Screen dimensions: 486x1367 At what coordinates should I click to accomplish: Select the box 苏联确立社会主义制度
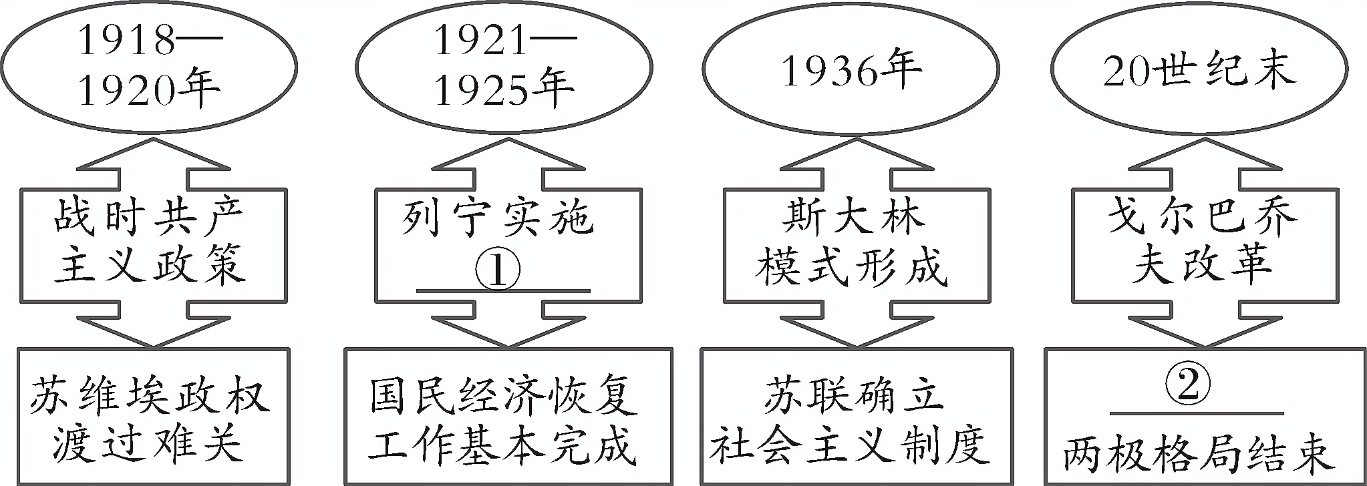click(x=851, y=417)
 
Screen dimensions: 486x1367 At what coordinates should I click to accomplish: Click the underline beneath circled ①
click(x=504, y=291)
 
